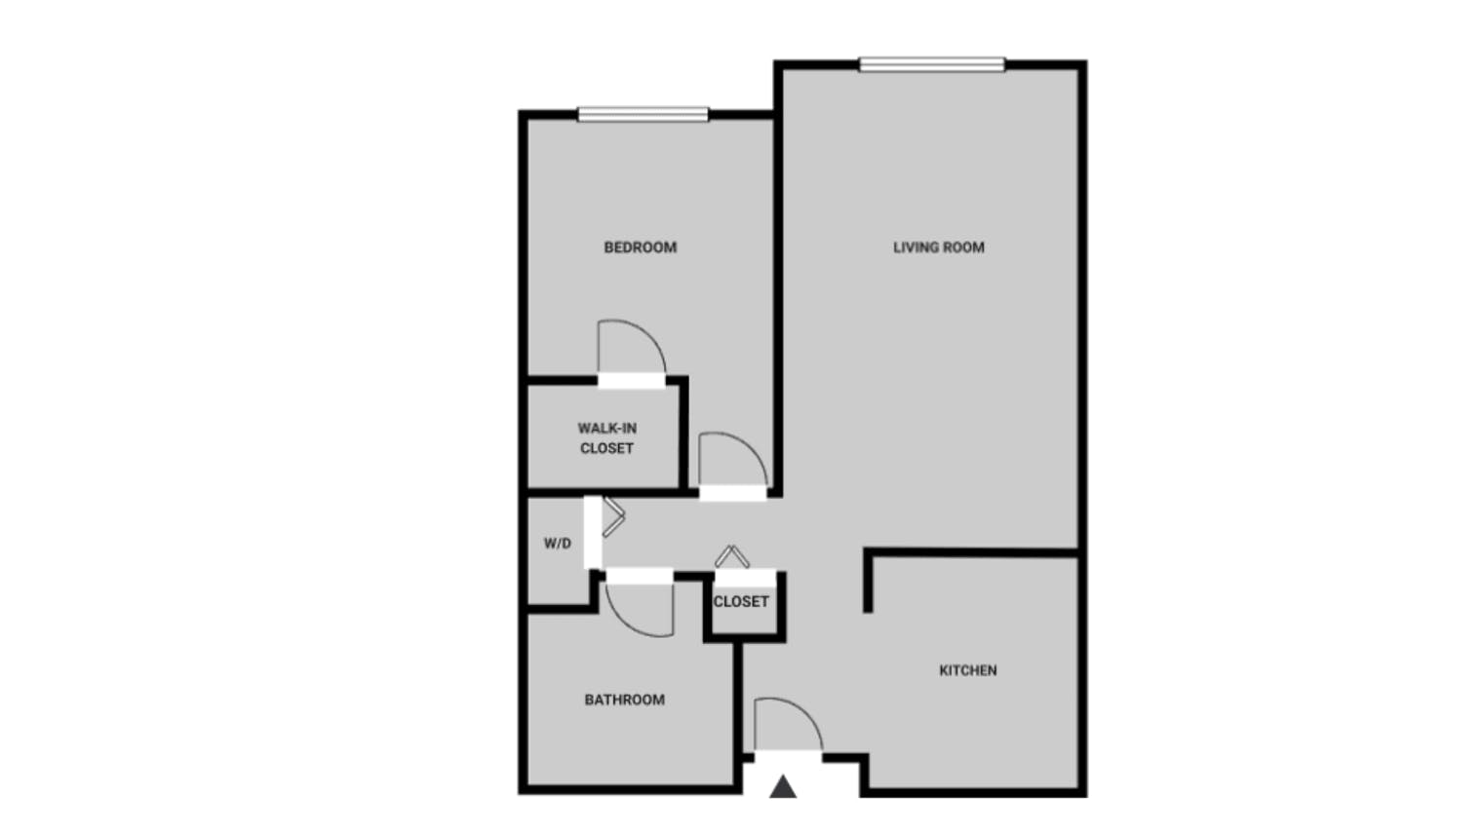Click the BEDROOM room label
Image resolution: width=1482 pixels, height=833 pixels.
tap(640, 247)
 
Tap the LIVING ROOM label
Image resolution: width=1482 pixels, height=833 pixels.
tap(938, 247)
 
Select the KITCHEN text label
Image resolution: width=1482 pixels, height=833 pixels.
tap(968, 670)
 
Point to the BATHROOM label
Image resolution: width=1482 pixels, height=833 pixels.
tap(625, 700)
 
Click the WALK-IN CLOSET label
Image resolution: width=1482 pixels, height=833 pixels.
tap(607, 437)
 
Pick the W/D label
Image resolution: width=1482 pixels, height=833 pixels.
tap(558, 544)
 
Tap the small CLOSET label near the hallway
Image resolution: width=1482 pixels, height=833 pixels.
tap(741, 602)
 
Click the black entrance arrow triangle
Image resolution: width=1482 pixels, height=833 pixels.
tap(783, 787)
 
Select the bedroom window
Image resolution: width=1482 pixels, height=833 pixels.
tap(643, 114)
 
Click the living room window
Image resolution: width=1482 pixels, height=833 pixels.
tap(931, 64)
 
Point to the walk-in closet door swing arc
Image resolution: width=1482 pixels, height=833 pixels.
tap(648, 334)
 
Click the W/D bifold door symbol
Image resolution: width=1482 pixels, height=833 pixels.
tap(613, 516)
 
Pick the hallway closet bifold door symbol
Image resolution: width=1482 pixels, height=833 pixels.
tap(731, 556)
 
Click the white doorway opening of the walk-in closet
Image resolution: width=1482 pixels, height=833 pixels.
tap(631, 381)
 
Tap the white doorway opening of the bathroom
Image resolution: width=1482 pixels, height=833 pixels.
tap(640, 577)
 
